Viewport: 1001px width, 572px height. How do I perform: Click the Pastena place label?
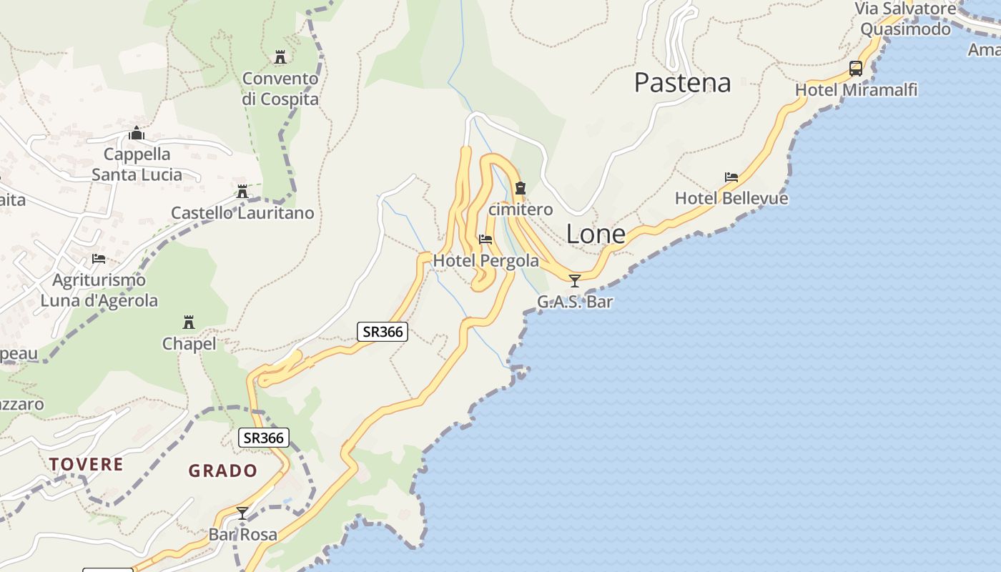(682, 83)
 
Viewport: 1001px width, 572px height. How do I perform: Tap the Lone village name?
(596, 234)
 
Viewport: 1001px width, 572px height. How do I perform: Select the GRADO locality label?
(222, 470)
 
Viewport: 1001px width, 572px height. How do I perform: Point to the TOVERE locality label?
(87, 464)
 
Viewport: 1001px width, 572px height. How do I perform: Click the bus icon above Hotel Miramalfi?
(856, 69)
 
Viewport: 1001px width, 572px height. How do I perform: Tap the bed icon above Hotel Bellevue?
(731, 177)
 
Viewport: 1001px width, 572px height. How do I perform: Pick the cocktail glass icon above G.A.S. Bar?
(574, 280)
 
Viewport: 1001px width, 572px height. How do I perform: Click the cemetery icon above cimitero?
(521, 188)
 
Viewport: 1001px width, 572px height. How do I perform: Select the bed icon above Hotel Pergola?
(485, 240)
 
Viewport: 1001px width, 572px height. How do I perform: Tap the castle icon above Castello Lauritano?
(242, 192)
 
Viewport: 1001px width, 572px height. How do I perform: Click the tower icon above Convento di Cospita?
(280, 56)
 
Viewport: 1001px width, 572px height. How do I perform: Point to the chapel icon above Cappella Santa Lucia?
(137, 133)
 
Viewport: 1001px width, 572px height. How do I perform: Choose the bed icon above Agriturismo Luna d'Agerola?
(99, 258)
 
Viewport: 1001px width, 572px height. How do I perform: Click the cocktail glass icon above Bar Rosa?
(242, 513)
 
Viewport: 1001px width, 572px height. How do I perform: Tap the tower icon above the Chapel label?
(189, 322)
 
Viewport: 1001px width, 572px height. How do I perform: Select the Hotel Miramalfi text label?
(856, 90)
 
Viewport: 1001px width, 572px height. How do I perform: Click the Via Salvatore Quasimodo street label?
(906, 19)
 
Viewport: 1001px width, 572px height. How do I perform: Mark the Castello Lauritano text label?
(242, 213)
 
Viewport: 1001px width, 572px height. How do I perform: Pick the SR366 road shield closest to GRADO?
(263, 438)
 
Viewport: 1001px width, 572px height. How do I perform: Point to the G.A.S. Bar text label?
(575, 302)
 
